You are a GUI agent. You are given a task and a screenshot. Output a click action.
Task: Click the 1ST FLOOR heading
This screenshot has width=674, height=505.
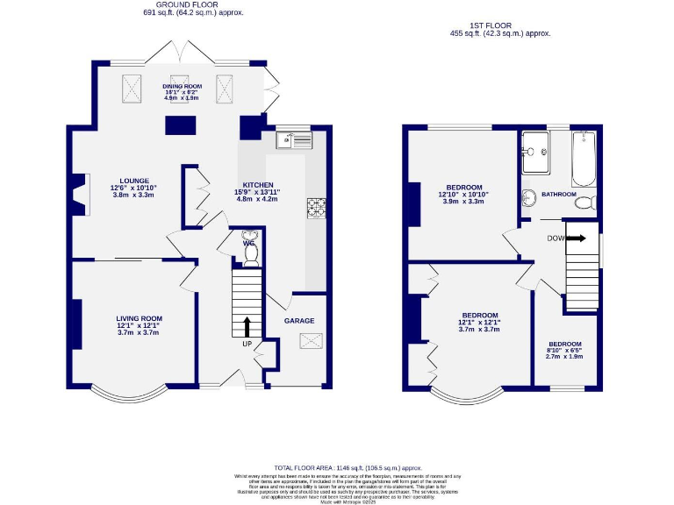click(x=499, y=25)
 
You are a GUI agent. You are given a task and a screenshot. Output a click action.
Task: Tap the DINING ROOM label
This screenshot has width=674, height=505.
click(x=182, y=86)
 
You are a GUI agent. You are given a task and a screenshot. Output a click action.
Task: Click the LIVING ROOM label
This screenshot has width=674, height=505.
click(x=139, y=318)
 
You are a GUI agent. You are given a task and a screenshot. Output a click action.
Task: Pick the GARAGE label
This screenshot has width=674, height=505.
click(x=298, y=321)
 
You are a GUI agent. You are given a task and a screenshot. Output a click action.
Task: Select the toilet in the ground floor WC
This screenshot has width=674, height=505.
click(x=250, y=249)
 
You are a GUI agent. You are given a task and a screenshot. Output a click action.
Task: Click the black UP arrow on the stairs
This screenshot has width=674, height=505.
click(x=246, y=326)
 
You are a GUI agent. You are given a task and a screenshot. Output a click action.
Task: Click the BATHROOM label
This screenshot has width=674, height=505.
click(x=558, y=194)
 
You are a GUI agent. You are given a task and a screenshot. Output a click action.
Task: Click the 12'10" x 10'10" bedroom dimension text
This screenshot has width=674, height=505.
click(x=462, y=195)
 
